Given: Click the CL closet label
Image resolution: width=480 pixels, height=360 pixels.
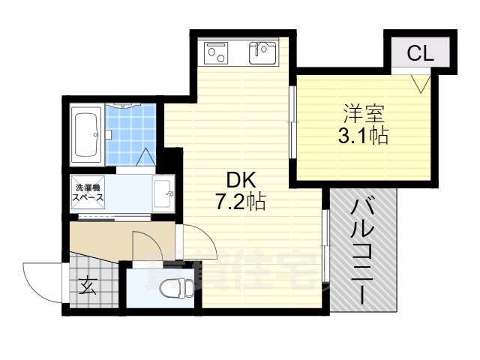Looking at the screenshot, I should pyautogui.click(x=418, y=54).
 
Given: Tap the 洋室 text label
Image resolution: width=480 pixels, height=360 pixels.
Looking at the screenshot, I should pyautogui.click(x=364, y=115).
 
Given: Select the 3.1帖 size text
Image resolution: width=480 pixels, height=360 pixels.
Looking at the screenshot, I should pyautogui.click(x=364, y=137).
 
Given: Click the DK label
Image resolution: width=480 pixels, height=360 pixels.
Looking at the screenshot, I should pyautogui.click(x=242, y=180).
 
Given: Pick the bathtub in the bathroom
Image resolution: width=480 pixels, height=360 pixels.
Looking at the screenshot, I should pyautogui.click(x=88, y=135).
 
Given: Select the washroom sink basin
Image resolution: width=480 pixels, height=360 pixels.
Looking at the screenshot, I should pyautogui.click(x=163, y=194).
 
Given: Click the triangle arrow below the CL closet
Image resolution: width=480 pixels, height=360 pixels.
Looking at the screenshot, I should pyautogui.click(x=418, y=81).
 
